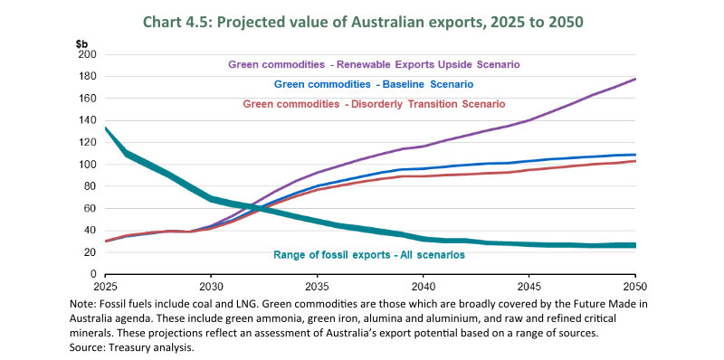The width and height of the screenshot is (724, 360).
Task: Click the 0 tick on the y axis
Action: coord(92,274)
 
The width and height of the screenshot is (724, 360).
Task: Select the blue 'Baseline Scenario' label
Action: coord(373,84)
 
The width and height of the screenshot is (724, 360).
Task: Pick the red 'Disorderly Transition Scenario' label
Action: coord(373,104)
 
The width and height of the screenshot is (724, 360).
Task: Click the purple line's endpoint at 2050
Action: coord(634,79)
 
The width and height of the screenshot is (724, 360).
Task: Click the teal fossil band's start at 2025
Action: coord(107,128)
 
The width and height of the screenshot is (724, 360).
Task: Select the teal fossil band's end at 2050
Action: coord(634,245)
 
